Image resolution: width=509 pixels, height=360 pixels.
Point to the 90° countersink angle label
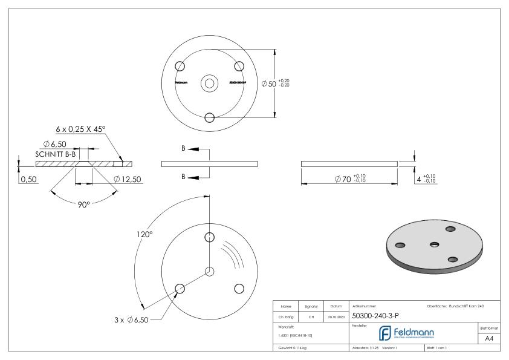(x=83, y=205)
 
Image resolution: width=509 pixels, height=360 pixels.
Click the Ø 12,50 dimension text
(x=128, y=179)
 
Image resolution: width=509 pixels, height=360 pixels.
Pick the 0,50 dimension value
(x=28, y=180)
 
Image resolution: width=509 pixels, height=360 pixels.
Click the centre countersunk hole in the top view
(x=210, y=83)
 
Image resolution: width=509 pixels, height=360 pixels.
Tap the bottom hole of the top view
(x=210, y=117)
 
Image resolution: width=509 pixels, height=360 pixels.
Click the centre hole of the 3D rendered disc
(x=433, y=244)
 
